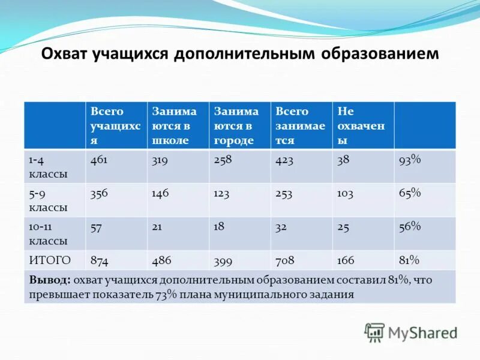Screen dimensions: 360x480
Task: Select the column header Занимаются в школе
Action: pyautogui.click(x=174, y=125)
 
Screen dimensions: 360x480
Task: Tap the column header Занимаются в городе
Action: pyautogui.click(x=236, y=125)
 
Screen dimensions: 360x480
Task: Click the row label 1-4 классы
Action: pyautogui.click(x=48, y=167)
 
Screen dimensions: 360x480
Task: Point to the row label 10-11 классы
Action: pyautogui.click(x=48, y=233)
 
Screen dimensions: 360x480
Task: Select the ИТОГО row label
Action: pyautogui.click(x=50, y=260)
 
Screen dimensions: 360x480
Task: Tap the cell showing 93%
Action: pyautogui.click(x=410, y=160)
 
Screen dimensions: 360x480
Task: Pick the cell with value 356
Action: pyautogui.click(x=100, y=193)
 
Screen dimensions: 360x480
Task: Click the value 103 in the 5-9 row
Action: pyautogui.click(x=345, y=193)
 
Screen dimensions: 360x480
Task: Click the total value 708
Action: pyautogui.click(x=284, y=260)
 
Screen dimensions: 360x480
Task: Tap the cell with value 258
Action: pyautogui.click(x=223, y=160)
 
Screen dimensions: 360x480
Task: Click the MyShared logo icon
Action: pyautogui.click(x=374, y=332)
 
